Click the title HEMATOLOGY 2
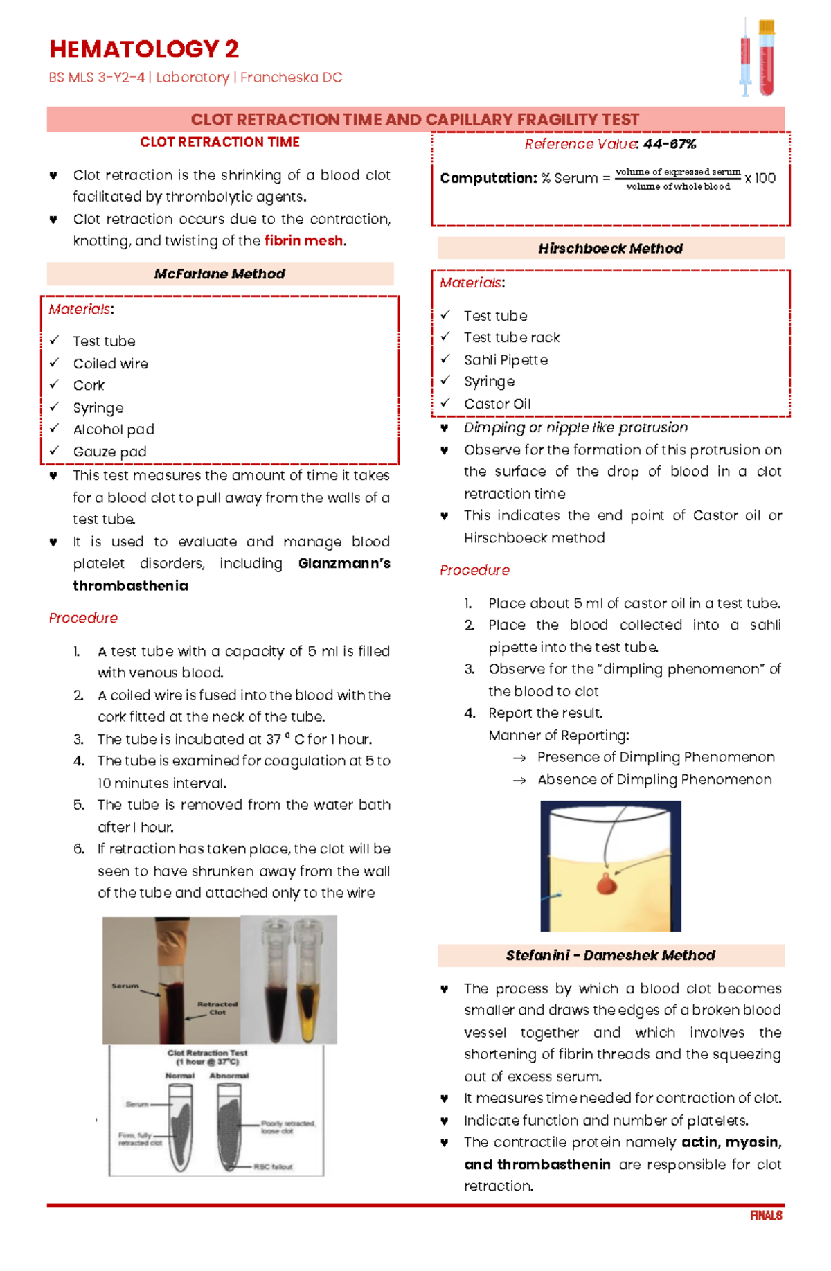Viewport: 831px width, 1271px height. coord(144,49)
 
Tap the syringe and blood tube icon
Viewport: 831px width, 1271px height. coord(756,57)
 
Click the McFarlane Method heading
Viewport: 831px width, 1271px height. coord(220,274)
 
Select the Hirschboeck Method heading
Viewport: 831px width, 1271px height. coord(610,248)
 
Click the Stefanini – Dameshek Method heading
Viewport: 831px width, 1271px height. coord(610,955)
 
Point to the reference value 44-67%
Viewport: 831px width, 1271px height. coord(669,144)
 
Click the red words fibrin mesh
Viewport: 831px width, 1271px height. coord(303,240)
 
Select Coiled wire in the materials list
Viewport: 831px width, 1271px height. coord(110,364)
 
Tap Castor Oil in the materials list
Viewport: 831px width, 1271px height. coord(497,404)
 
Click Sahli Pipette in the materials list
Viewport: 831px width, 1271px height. coord(506,360)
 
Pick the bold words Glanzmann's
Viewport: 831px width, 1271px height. coord(344,563)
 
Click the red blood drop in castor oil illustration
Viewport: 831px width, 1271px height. coord(606,884)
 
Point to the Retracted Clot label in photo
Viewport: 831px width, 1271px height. coord(217,1008)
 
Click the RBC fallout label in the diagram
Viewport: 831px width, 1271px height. coord(273,1167)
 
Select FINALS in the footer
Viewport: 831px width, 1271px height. coord(766,1216)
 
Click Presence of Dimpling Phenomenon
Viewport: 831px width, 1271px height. coord(655,757)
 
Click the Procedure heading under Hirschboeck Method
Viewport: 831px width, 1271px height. coord(474,570)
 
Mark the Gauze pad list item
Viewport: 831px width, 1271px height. coord(109,452)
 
